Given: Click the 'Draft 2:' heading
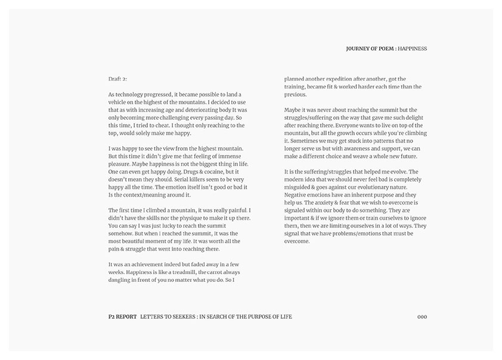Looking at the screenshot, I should pos(117,79).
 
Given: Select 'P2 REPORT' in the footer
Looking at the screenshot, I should pos(119,316).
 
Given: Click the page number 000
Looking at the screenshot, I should pos(422,316).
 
